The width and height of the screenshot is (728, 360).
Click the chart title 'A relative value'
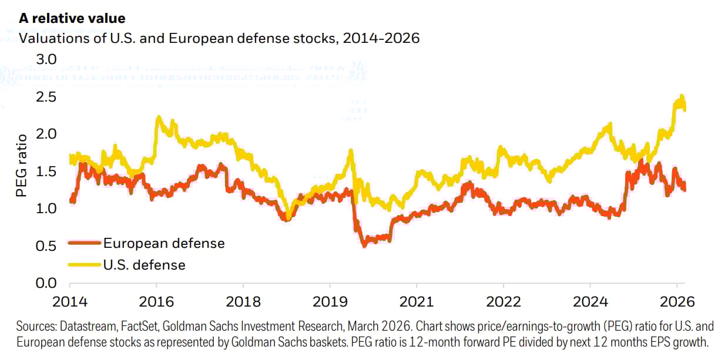[x=72, y=19]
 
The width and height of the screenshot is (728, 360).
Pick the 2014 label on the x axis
[x=69, y=303]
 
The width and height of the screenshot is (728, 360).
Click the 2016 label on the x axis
[x=156, y=303]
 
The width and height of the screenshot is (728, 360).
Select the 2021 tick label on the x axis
[x=416, y=303]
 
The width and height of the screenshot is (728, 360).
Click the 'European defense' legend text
[x=164, y=243]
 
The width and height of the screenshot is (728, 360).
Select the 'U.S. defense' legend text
[x=144, y=265]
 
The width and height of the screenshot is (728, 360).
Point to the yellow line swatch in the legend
[x=84, y=265]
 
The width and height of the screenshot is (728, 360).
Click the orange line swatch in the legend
[x=84, y=243]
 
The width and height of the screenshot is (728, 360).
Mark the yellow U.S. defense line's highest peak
[x=682, y=96]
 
